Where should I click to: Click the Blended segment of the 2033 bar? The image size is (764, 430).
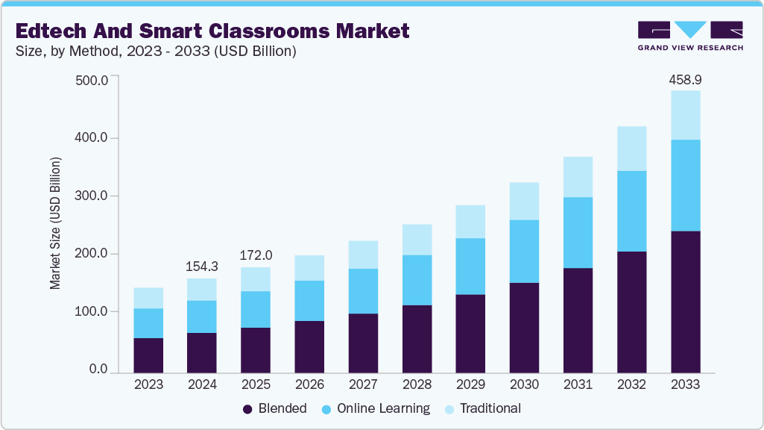(x=685, y=302)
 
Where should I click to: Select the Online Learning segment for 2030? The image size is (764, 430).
(x=524, y=252)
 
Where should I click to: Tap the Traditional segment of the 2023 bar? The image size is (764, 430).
(x=148, y=298)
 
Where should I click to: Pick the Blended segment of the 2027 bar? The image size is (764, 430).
(x=363, y=343)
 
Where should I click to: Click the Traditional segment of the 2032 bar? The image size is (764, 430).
(x=631, y=149)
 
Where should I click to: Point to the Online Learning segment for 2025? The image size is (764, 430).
(x=256, y=309)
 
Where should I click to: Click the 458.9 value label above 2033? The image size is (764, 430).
(x=685, y=79)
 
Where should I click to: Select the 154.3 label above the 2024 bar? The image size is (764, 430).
(x=202, y=267)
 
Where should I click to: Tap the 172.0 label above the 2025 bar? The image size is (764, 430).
(x=256, y=256)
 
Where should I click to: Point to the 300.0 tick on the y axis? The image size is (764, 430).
(x=93, y=196)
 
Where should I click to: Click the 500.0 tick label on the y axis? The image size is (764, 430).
(x=93, y=81)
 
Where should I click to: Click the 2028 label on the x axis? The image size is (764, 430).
(x=417, y=385)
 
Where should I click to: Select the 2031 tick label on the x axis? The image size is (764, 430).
(x=578, y=385)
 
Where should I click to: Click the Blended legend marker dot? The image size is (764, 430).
(x=247, y=409)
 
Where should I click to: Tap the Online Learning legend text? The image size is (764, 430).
(x=383, y=408)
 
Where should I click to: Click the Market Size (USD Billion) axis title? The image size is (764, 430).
(x=56, y=224)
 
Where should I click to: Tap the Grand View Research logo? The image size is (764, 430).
(x=689, y=35)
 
